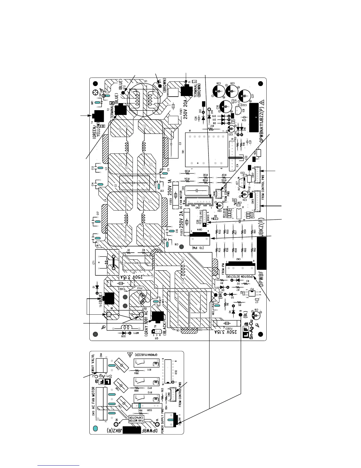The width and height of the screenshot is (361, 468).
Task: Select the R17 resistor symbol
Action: pyautogui.click(x=211, y=129)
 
